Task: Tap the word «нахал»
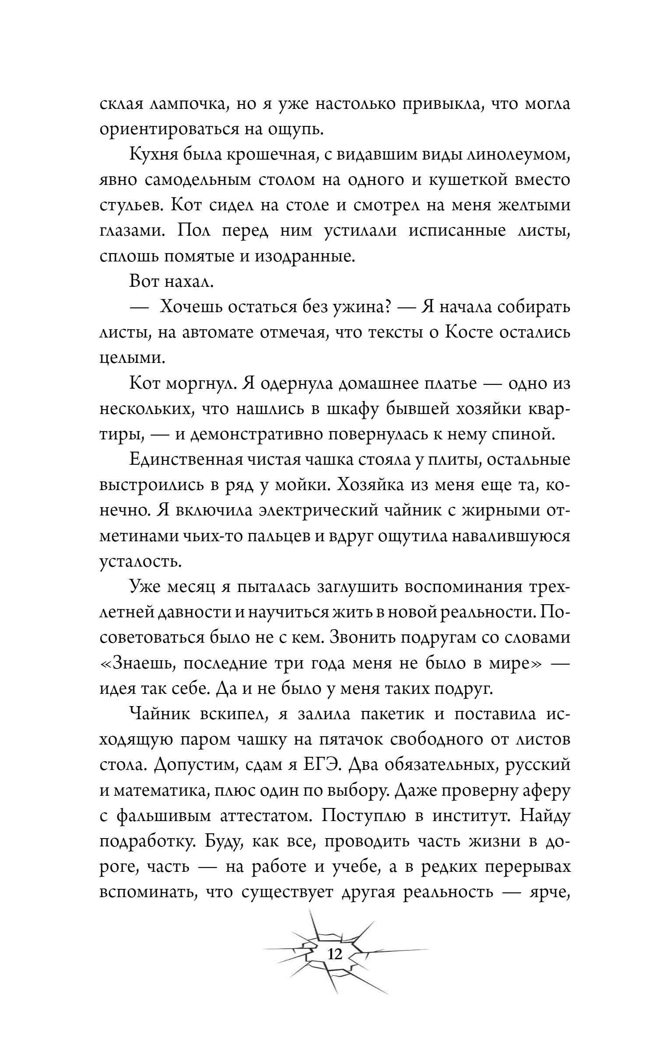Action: [x=189, y=282]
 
